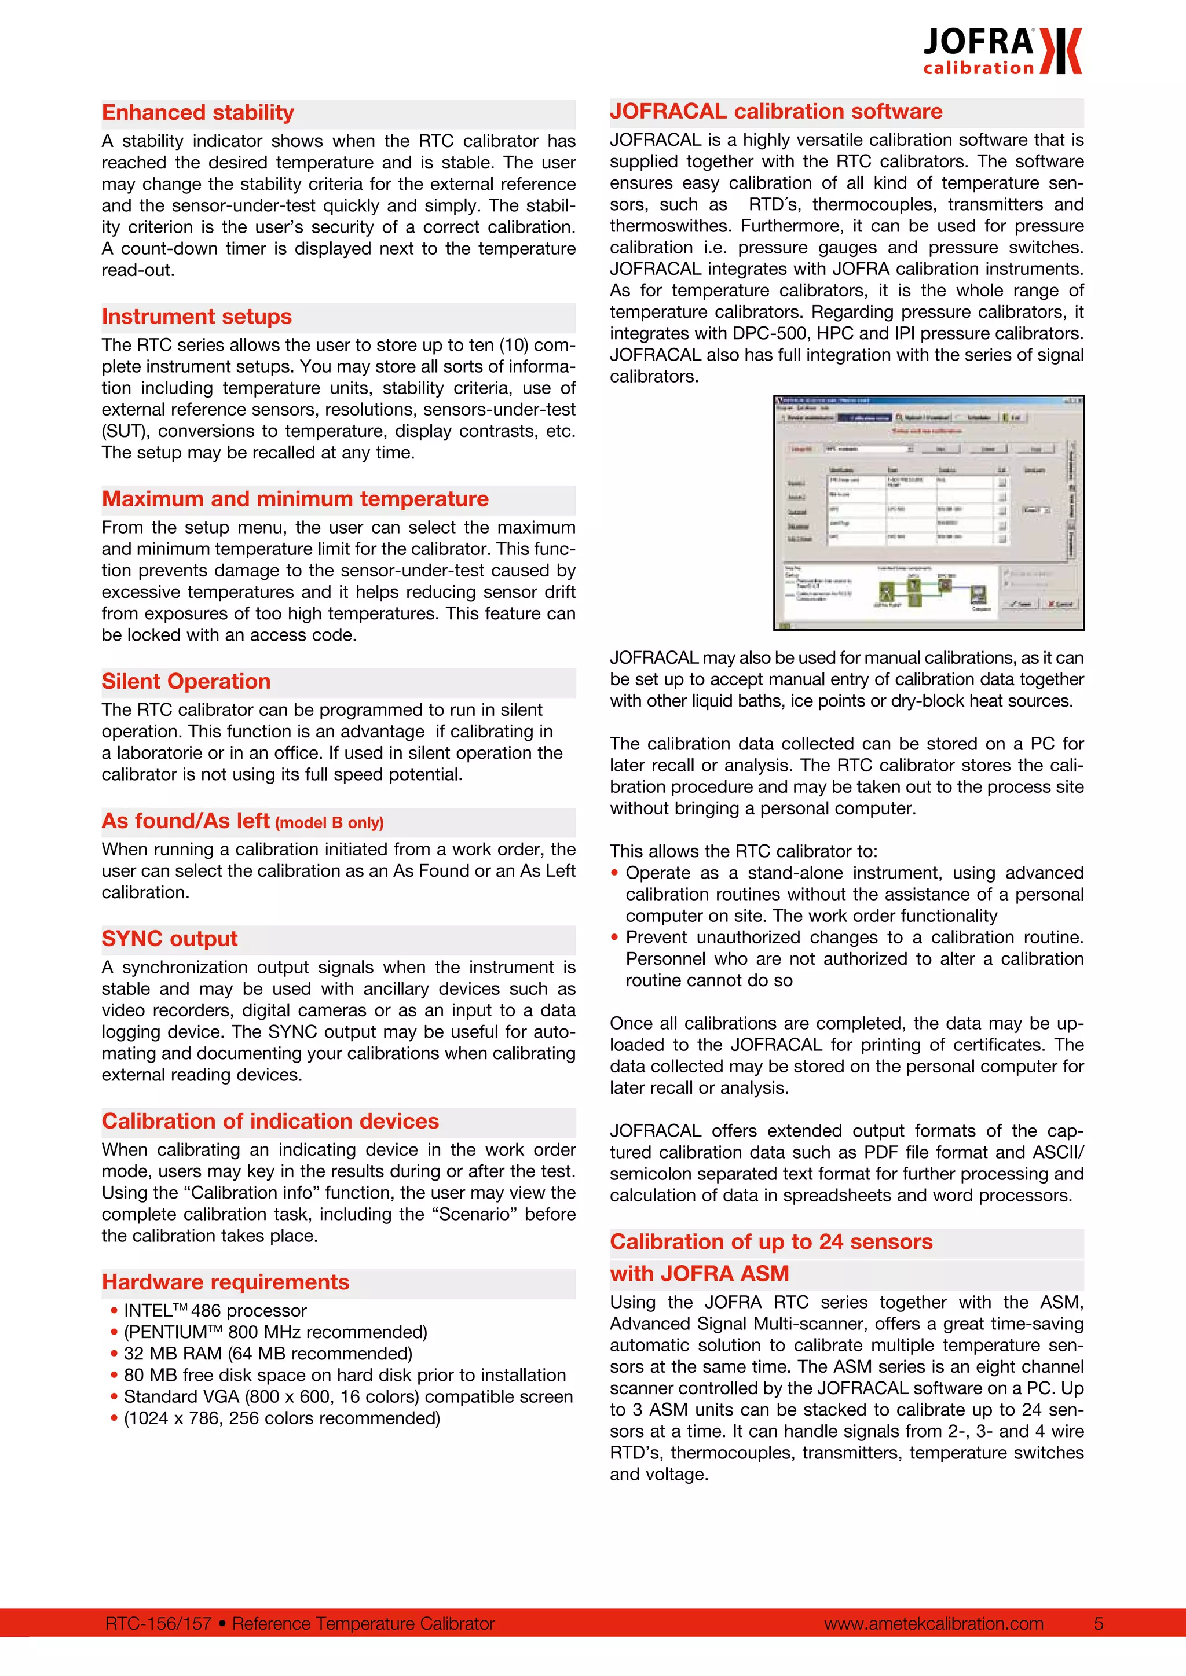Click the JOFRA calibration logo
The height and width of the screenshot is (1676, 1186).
[1001, 51]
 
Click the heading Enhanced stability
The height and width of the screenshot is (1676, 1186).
[198, 113]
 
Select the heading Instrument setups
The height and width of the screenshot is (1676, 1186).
[196, 317]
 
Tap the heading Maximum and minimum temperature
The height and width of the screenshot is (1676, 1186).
[295, 499]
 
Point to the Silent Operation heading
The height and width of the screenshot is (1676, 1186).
[186, 682]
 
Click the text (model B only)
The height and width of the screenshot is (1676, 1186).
[330, 824]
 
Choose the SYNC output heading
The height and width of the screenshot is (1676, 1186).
[170, 939]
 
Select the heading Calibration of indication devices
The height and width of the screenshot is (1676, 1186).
[270, 1121]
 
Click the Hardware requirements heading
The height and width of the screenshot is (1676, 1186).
[226, 1282]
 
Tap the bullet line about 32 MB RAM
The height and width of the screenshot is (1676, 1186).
[268, 1354]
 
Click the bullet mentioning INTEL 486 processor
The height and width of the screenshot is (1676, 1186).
[215, 1311]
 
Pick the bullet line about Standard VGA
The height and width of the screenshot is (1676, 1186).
[347, 1397]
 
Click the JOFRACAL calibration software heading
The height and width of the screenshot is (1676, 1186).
[775, 112]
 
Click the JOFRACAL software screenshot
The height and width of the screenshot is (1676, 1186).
[928, 512]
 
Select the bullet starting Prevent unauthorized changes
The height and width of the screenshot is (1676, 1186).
[854, 958]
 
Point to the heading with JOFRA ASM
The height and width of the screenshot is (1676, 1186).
[700, 1274]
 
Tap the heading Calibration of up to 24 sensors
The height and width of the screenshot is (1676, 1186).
[771, 1243]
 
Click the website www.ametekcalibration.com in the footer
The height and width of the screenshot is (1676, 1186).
[934, 1623]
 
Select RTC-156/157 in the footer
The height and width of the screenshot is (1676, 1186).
[158, 1623]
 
